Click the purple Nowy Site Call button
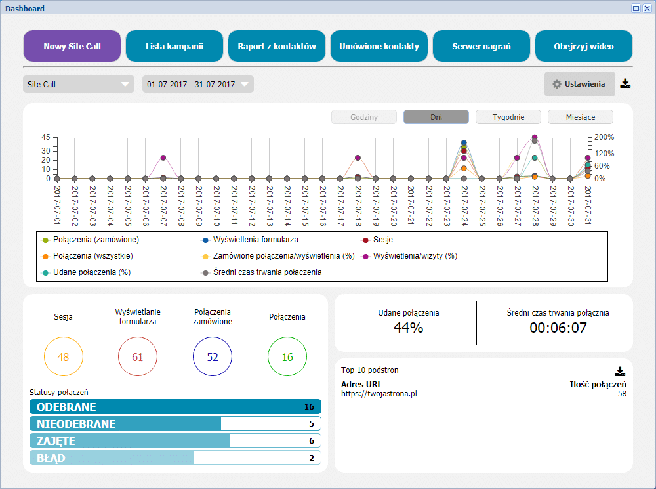coord(72,46)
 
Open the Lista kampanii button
coord(174,46)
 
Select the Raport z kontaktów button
coord(277,46)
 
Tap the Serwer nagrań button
coord(482,46)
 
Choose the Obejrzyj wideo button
coord(584,46)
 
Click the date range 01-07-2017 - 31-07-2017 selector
coord(197,85)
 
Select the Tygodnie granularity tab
coord(508,117)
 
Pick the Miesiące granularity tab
coord(581,117)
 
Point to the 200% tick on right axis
coord(605,137)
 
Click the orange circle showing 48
coord(63,357)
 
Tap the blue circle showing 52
coord(213,357)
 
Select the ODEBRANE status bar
coord(175,407)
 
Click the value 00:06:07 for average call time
coord(558,328)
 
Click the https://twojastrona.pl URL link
coord(379,394)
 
